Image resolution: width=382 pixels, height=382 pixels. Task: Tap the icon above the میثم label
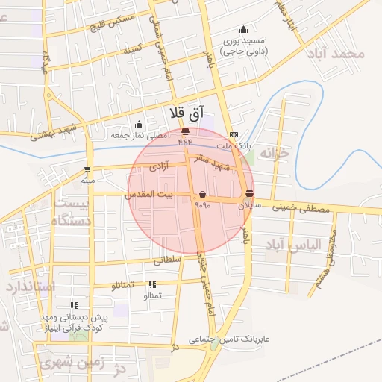[x=88, y=170]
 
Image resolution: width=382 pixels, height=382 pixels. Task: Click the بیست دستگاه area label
[x=69, y=212]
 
